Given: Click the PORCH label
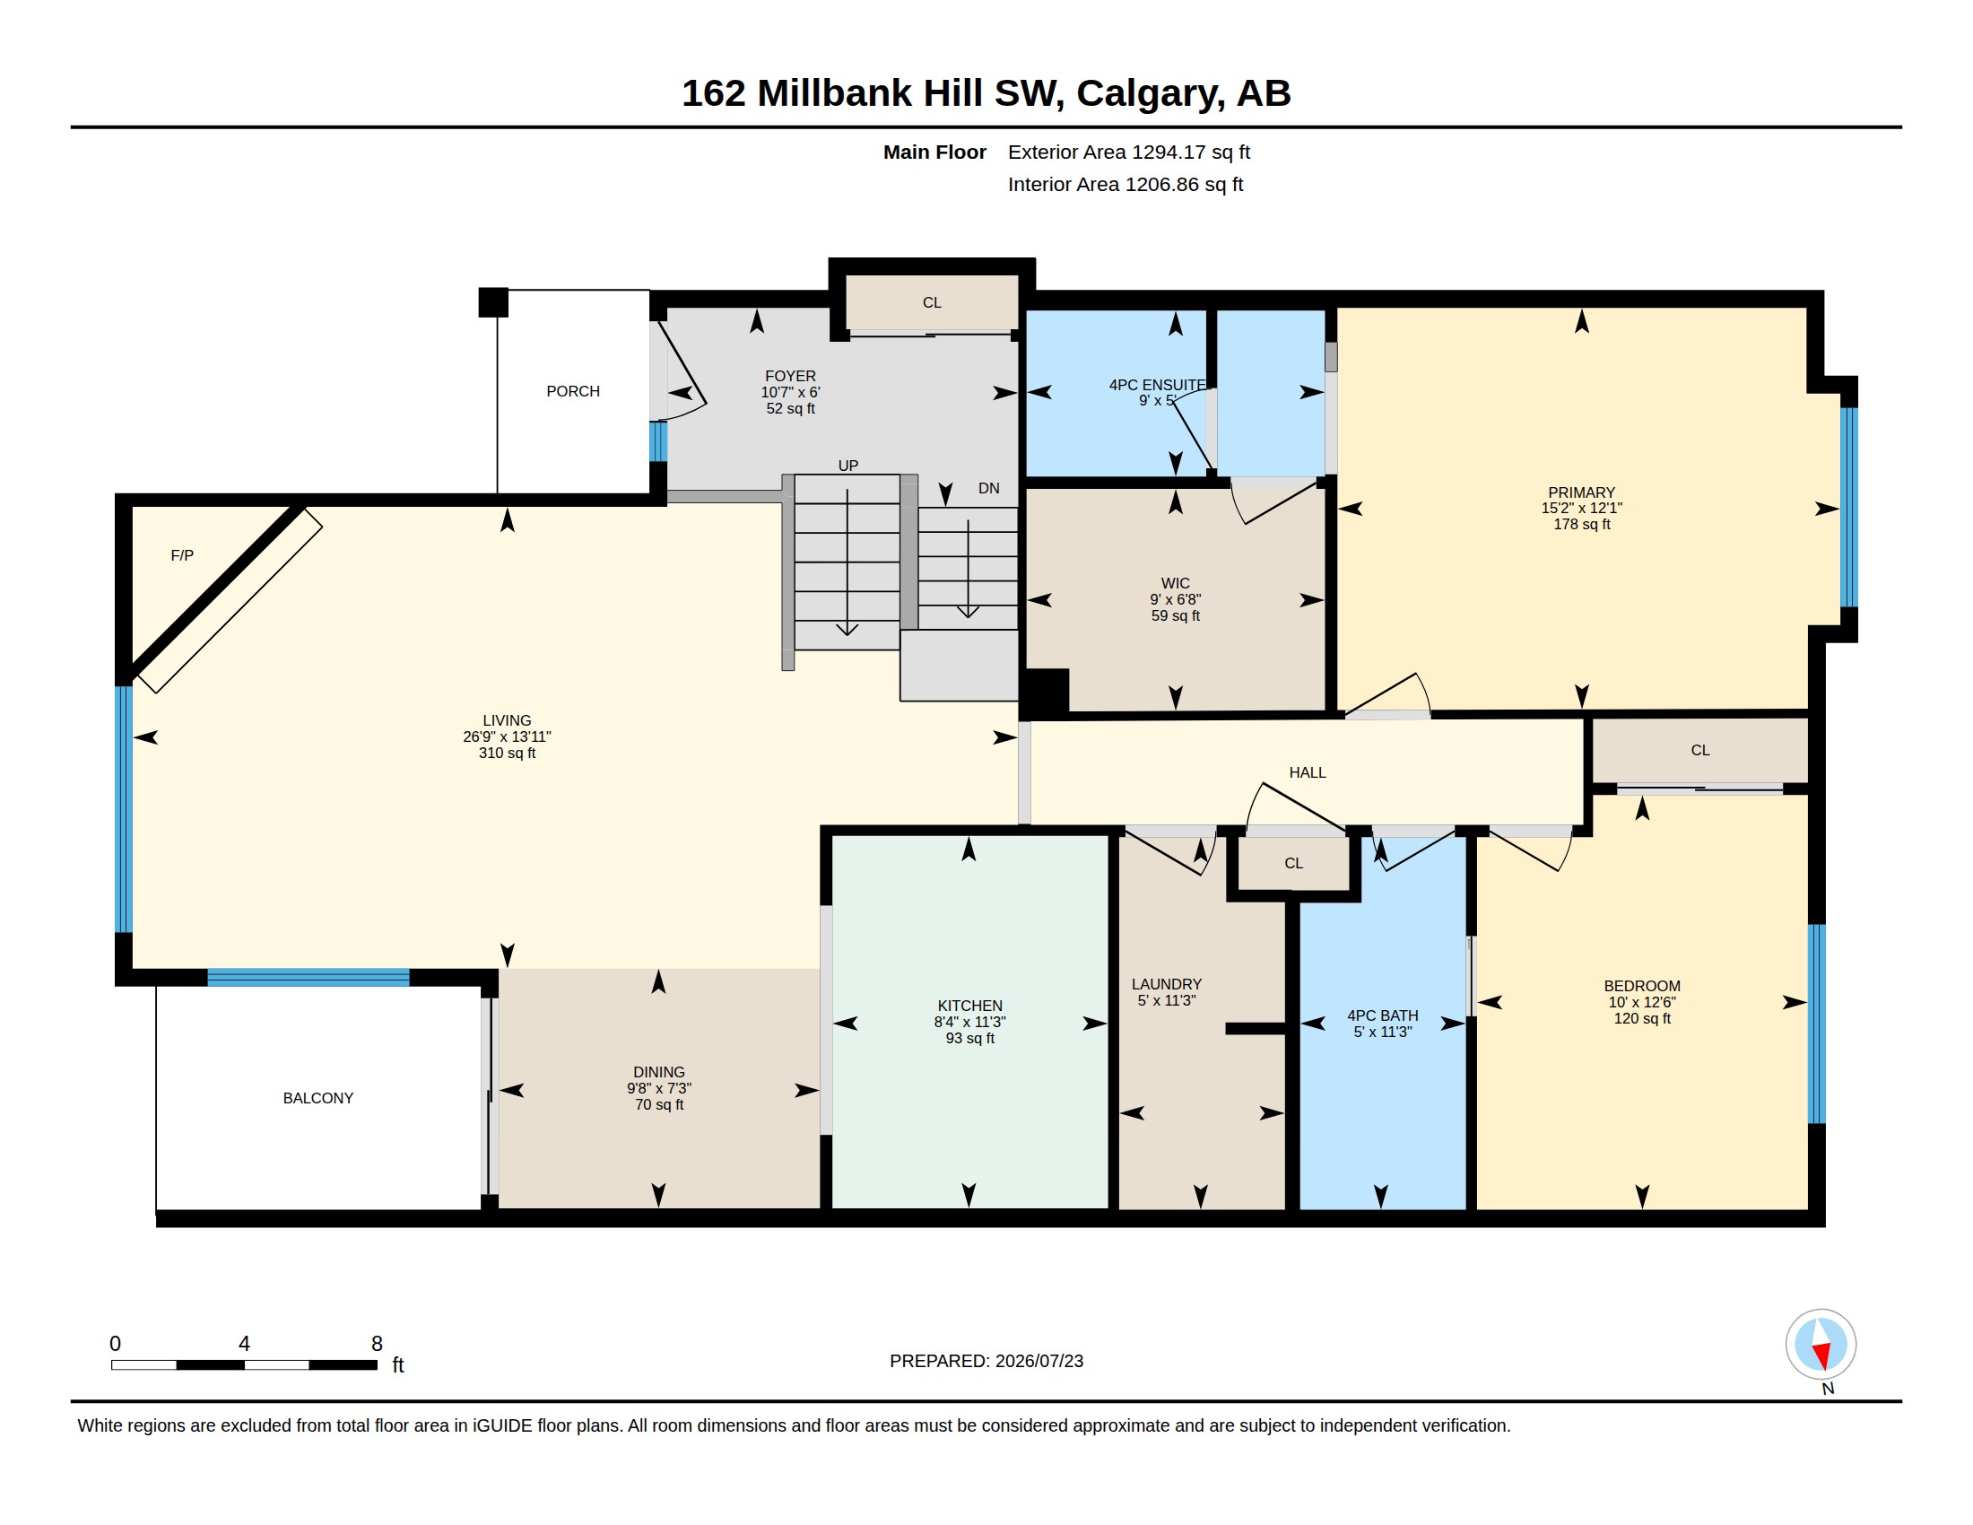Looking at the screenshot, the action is click(573, 391).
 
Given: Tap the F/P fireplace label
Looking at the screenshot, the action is click(181, 555).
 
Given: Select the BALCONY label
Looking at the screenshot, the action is click(318, 1098).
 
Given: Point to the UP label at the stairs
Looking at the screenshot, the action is click(847, 466).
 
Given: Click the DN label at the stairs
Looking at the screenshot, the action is click(988, 488).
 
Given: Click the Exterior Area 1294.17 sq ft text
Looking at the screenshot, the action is click(1129, 152).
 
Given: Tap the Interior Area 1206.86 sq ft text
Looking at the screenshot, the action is click(1126, 184).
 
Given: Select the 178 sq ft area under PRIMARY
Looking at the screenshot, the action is click(1582, 524).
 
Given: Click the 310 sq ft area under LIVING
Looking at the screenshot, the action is click(507, 753).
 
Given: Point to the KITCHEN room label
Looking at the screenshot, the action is click(969, 1006).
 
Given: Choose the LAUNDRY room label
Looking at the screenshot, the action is click(1166, 984).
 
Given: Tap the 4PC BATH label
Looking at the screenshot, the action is click(1382, 1015).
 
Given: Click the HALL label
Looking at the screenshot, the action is click(1308, 772).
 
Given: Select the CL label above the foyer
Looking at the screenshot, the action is click(932, 302).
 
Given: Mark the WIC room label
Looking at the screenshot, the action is click(1176, 584).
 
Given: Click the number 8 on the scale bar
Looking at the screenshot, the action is click(377, 1344).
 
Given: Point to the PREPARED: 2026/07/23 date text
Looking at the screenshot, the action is click(986, 1361).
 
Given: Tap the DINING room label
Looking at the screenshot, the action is click(658, 1072).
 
